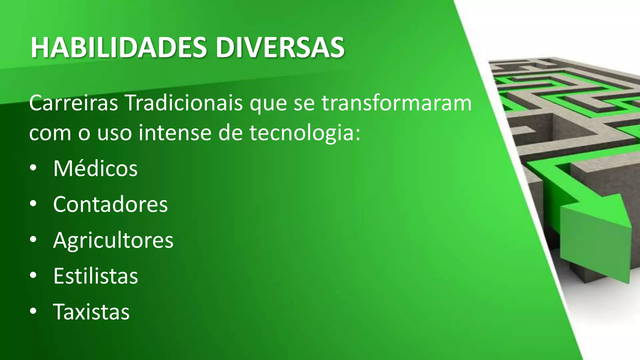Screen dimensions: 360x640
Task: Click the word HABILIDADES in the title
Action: click(118, 47)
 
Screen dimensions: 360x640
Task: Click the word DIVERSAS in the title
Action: click(280, 47)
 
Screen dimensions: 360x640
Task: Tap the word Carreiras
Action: click(73, 103)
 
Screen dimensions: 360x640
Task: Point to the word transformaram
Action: click(396, 103)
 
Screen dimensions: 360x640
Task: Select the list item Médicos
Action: click(95, 169)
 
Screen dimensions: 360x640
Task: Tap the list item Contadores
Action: click(110, 205)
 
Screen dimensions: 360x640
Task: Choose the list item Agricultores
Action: click(113, 240)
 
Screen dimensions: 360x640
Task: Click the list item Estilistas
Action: click(95, 276)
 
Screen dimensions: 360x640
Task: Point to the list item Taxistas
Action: click(91, 312)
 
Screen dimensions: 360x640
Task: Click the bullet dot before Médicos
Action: click(33, 169)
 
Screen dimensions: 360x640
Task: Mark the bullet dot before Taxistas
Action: click(33, 312)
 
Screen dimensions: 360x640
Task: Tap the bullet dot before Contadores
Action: click(33, 204)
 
